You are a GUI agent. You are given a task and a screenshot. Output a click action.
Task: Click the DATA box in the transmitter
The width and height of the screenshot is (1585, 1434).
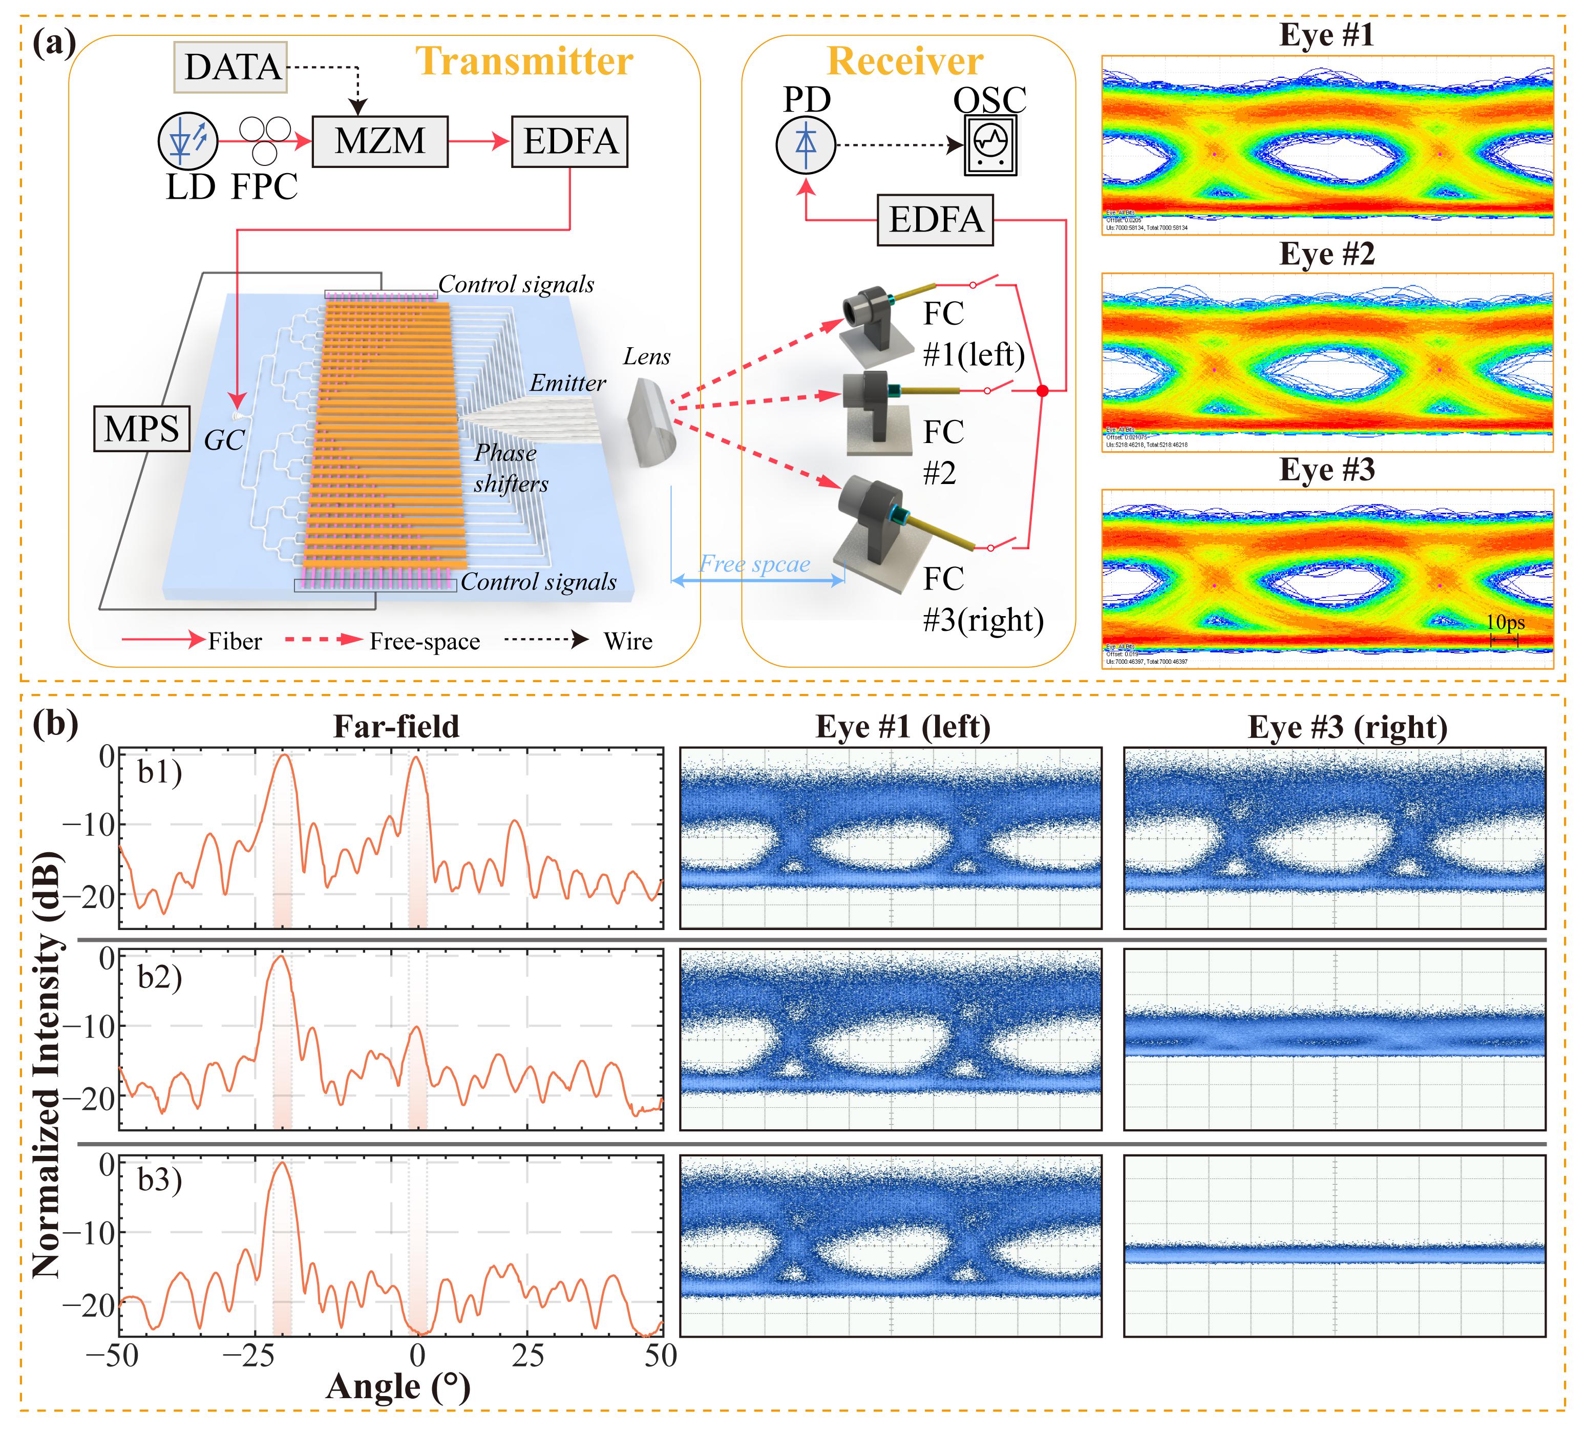pyautogui.click(x=232, y=66)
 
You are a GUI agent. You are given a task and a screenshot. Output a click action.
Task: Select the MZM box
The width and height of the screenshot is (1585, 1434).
pyautogui.click(x=380, y=141)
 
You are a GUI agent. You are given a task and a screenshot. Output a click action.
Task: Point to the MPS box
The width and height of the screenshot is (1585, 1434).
pyautogui.click(x=141, y=429)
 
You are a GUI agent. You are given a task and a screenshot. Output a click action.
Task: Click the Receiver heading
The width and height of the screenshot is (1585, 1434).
pyautogui.click(x=905, y=61)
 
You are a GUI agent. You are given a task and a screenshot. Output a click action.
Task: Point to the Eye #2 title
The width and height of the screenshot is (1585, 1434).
pyautogui.click(x=1326, y=254)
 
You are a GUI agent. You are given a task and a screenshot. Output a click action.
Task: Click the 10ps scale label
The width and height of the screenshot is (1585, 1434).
pyautogui.click(x=1505, y=623)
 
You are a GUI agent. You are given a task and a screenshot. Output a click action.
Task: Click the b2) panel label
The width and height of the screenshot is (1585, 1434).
pyautogui.click(x=160, y=977)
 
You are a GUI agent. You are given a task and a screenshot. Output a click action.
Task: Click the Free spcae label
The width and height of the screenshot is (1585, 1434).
pyautogui.click(x=755, y=564)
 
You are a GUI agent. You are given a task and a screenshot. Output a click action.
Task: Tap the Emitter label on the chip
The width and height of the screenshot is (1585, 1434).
pyautogui.click(x=567, y=383)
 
